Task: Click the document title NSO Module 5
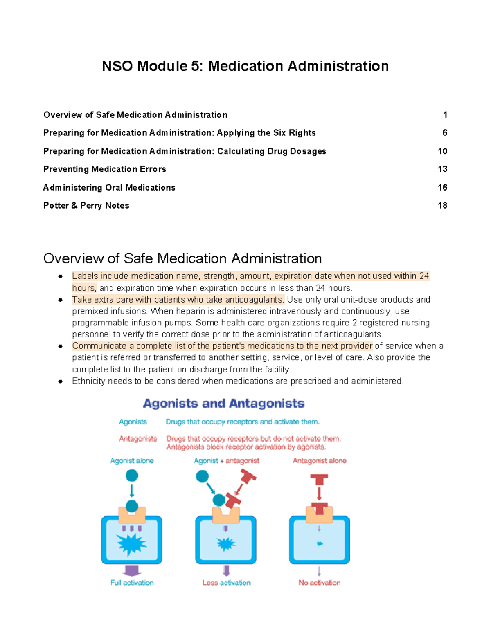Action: click(x=245, y=66)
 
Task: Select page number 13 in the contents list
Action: click(x=442, y=169)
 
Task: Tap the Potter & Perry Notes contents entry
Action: click(x=86, y=206)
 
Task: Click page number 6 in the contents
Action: click(x=445, y=133)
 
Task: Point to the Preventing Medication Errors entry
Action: click(x=105, y=169)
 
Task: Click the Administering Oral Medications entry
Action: click(x=109, y=188)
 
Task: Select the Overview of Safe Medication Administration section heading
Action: click(x=182, y=258)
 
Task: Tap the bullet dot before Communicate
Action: click(x=60, y=346)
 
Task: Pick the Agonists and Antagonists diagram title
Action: click(x=223, y=404)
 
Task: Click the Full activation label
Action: click(x=132, y=583)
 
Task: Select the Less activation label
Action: click(x=226, y=583)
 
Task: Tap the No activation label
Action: click(x=319, y=583)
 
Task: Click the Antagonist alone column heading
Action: click(x=319, y=461)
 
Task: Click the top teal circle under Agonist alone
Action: click(x=132, y=476)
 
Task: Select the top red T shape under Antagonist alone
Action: click(x=319, y=479)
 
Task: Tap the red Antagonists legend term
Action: click(x=138, y=439)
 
